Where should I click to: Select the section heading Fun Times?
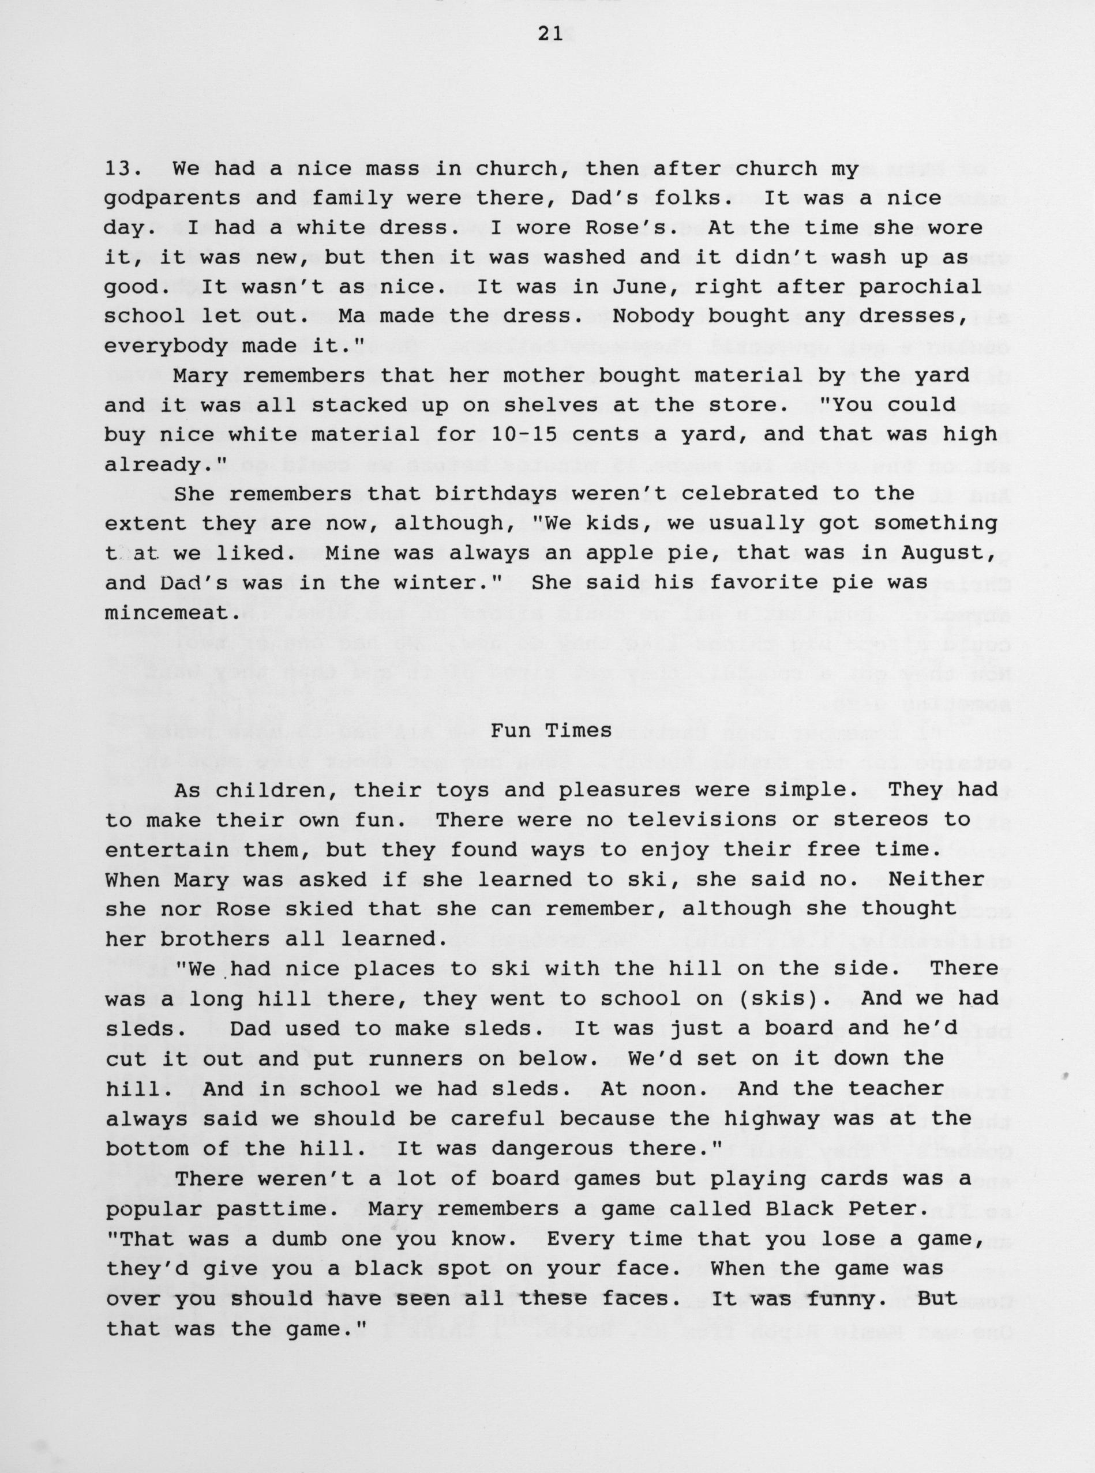(x=552, y=730)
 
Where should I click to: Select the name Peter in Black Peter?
(x=886, y=1209)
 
